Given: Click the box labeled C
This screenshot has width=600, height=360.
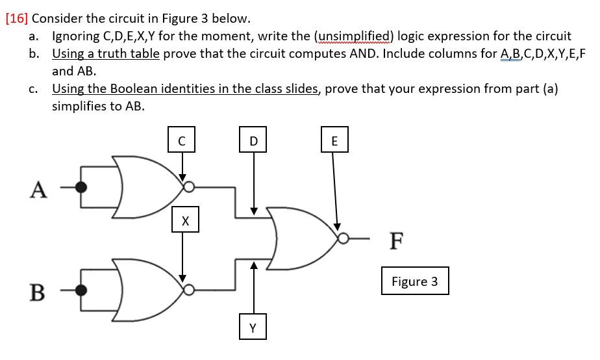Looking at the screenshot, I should click(x=182, y=140).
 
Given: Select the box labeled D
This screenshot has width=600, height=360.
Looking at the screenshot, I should click(x=253, y=140).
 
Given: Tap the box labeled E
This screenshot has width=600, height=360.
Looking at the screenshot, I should click(x=334, y=140).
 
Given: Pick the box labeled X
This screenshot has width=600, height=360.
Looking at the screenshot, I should click(x=185, y=221).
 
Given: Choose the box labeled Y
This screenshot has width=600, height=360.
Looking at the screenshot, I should click(x=253, y=328).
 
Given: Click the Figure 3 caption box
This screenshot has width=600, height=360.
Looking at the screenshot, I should click(x=414, y=281).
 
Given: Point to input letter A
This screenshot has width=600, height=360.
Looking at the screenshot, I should click(x=39, y=189).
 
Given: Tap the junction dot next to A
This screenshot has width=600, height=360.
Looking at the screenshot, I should click(x=81, y=187).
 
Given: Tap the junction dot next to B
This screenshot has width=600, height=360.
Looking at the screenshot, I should click(x=81, y=290).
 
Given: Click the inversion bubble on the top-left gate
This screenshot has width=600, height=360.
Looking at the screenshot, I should click(x=188, y=187).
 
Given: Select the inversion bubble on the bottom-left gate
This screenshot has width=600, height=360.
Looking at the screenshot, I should click(x=188, y=290).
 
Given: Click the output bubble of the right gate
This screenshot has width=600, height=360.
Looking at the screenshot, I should click(x=342, y=239).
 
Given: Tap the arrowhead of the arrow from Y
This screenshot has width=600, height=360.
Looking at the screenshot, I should click(x=255, y=265).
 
